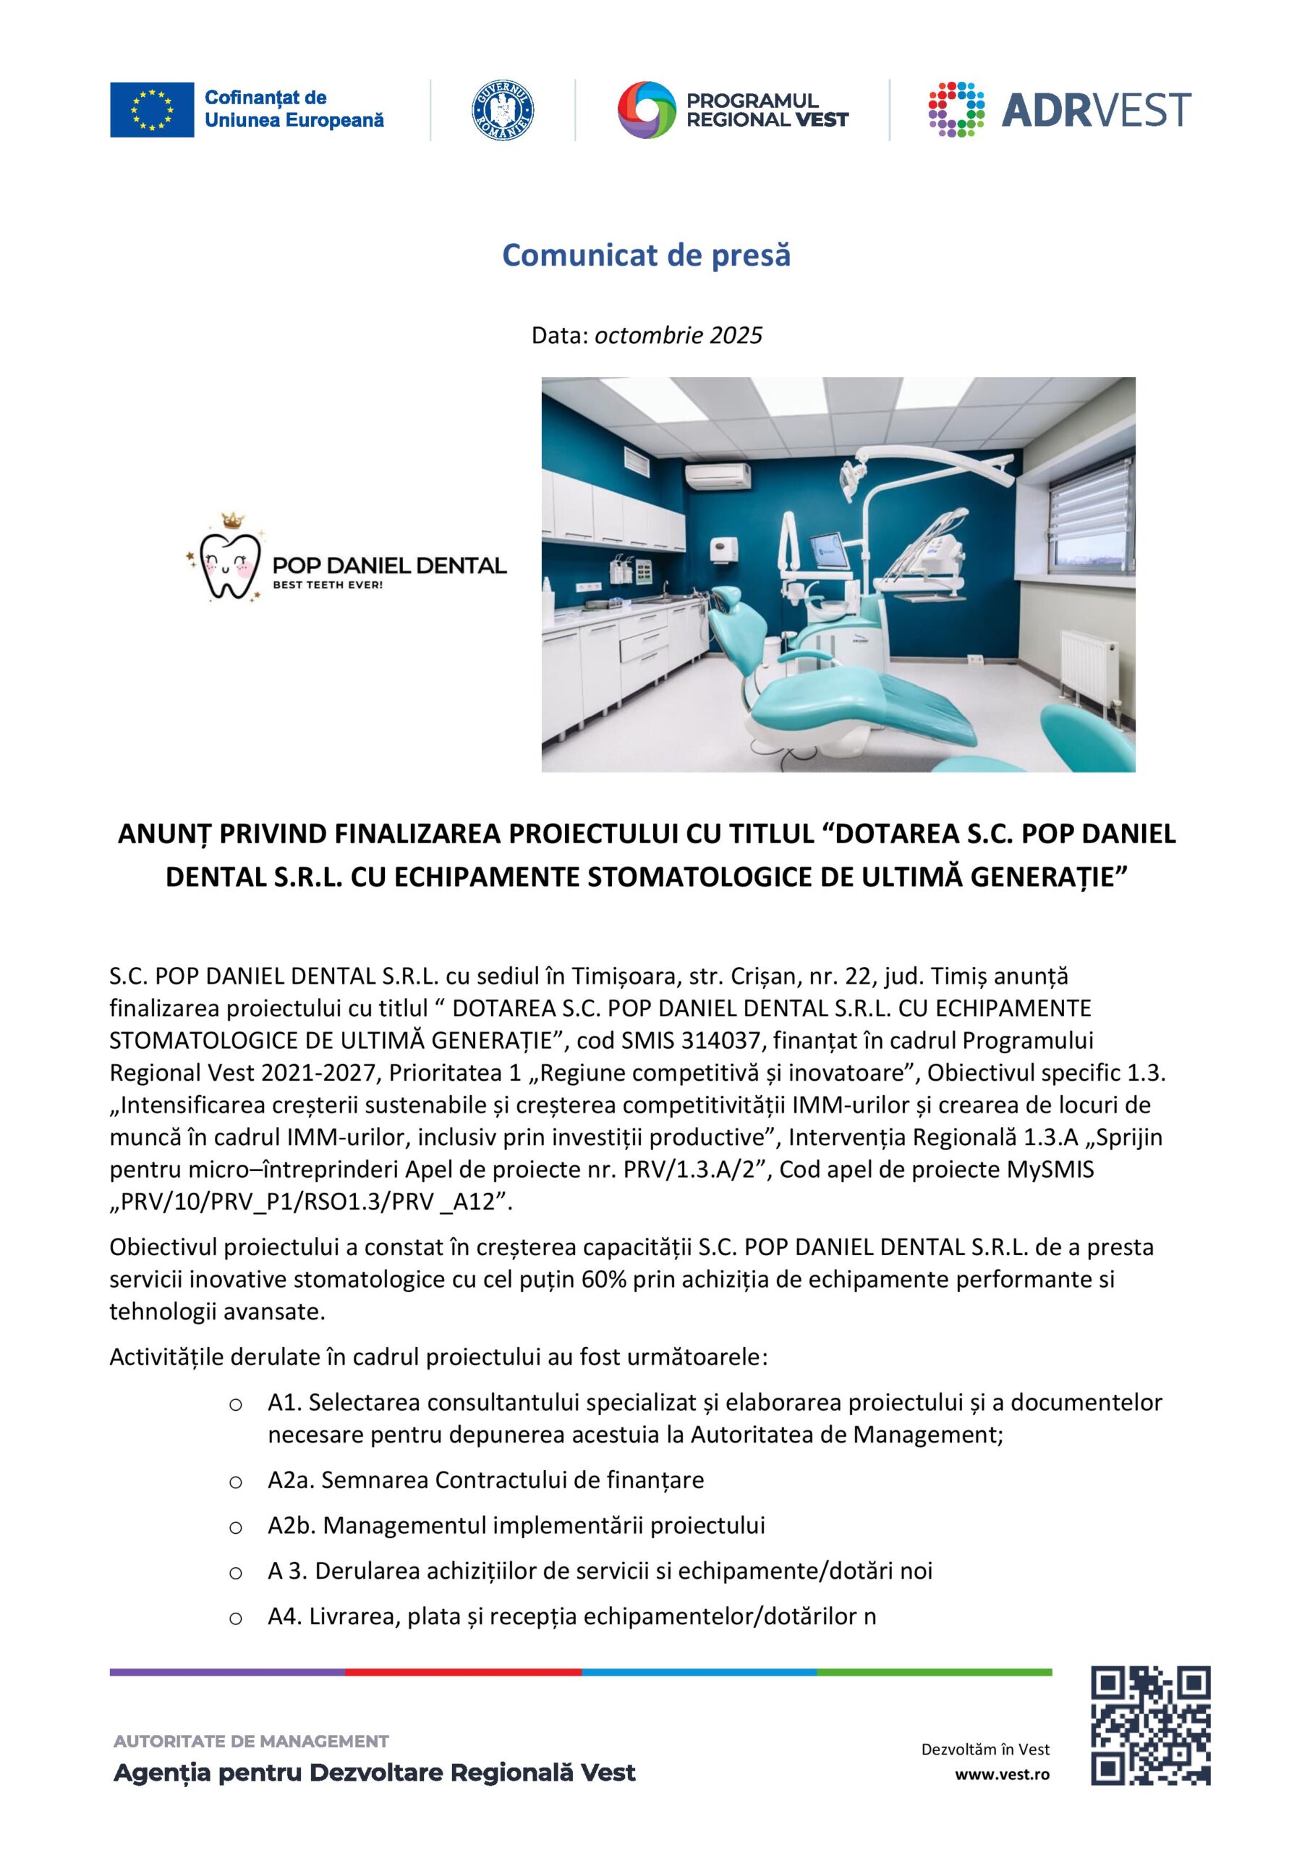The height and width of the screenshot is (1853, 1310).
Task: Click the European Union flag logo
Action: (x=152, y=110)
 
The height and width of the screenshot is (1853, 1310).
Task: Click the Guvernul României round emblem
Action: (x=503, y=110)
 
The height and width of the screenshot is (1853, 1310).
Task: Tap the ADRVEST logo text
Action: (x=1095, y=110)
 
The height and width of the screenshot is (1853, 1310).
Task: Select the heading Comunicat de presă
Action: (x=646, y=255)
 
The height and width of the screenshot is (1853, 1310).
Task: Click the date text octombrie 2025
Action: (x=679, y=336)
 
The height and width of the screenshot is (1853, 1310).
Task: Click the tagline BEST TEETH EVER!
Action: (x=328, y=584)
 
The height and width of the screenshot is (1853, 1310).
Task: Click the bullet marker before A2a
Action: (x=236, y=1482)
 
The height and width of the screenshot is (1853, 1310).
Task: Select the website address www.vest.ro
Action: (x=1002, y=1774)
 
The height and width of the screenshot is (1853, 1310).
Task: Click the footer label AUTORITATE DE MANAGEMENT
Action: (x=251, y=1741)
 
